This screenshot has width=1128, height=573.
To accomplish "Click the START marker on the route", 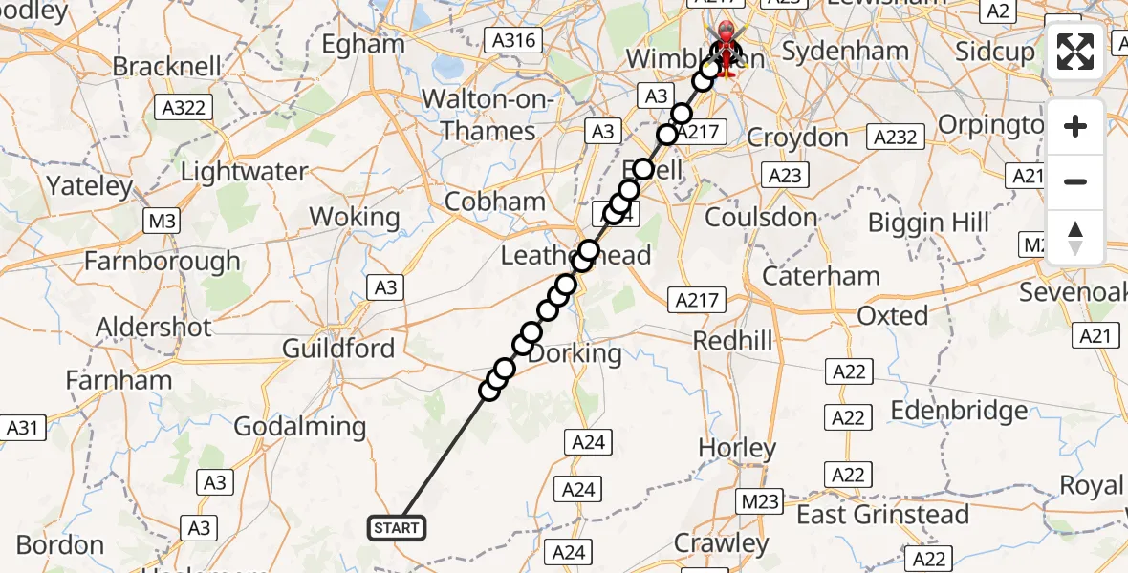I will pos(396,527).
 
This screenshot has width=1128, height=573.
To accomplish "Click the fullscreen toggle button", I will pos(1075,52).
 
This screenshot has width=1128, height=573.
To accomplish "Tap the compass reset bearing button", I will pos(1075,237).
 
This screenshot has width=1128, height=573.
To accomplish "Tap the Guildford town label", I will pos(338,348).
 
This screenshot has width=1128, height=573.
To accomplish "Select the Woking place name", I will pos(355,217).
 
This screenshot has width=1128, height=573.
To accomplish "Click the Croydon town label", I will pos(797,138).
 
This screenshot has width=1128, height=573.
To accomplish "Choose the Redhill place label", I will pos(732,341).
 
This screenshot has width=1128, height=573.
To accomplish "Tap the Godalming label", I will pos(299,427).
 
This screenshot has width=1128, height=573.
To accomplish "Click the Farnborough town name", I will pos(163,261).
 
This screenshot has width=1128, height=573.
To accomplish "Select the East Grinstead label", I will pos(882,515).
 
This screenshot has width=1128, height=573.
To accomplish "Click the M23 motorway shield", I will pos(760,500).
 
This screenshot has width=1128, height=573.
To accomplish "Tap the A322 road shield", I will pos(184,108).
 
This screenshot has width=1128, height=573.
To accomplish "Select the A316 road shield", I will pos(514,40).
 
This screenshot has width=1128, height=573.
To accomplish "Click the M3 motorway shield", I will pos(161,223).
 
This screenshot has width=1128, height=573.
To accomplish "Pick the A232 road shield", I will pos(895,137).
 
